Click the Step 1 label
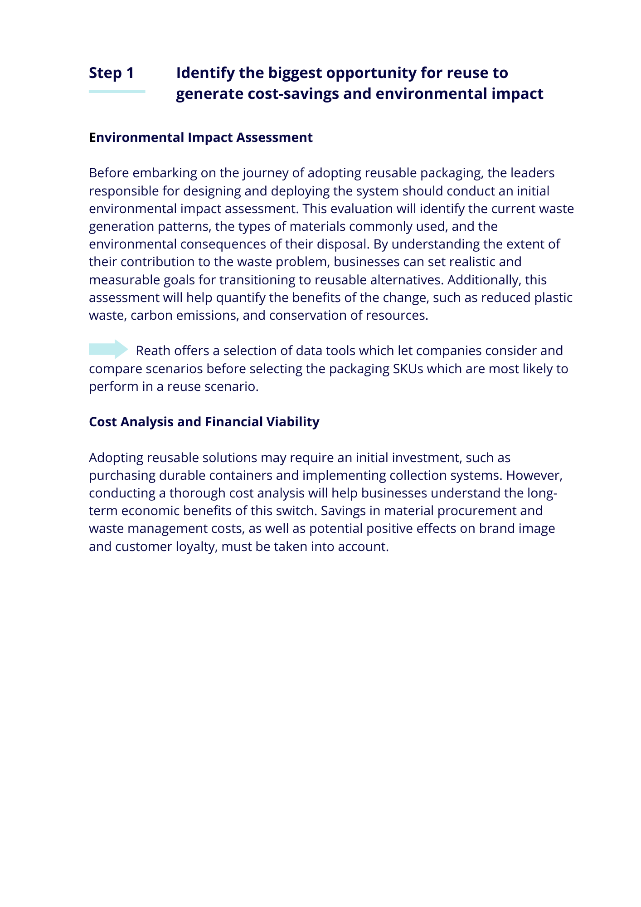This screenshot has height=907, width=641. pyautogui.click(x=112, y=73)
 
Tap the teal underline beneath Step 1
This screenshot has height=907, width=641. pyautogui.click(x=117, y=92)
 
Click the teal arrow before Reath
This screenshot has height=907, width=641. pyautogui.click(x=109, y=349)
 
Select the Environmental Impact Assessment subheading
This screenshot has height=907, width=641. pyautogui.click(x=201, y=137)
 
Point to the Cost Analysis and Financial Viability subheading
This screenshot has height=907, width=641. pyautogui.click(x=204, y=422)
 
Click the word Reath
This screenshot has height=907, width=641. pyautogui.click(x=153, y=351)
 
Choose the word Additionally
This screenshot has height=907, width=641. pyautogui.click(x=483, y=280)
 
